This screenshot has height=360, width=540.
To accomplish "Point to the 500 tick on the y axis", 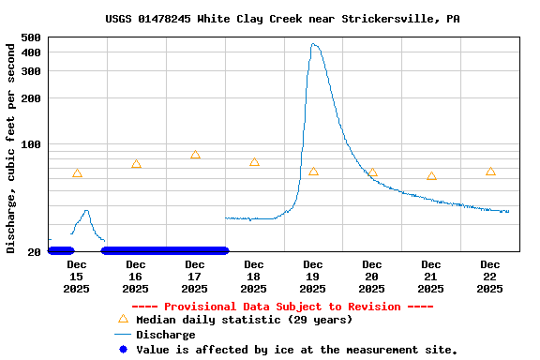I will tap(31, 37).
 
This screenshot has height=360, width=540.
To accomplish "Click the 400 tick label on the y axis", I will tap(31, 52).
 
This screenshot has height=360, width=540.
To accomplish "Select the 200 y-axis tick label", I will tap(31, 98).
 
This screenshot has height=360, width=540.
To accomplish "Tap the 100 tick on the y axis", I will tap(31, 144).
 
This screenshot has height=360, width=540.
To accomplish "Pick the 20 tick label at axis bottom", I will tap(34, 251).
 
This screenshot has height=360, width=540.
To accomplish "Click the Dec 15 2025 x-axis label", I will tap(77, 277).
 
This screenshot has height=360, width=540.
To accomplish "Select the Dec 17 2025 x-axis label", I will tap(195, 277).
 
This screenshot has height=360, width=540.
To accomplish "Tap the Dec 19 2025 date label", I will tap(313, 277).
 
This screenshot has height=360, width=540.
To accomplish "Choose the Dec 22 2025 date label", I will tap(490, 277).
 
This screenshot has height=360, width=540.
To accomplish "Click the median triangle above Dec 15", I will tap(77, 173).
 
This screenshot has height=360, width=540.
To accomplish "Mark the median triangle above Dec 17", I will tap(195, 155).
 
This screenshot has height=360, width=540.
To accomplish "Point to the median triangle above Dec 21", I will tap(431, 176).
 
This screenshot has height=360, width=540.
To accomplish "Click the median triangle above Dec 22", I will tap(490, 172).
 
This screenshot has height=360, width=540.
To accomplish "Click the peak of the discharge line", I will tap(313, 44).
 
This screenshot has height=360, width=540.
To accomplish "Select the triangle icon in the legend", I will tap(123, 319).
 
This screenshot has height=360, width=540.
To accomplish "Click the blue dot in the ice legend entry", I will tap(123, 350).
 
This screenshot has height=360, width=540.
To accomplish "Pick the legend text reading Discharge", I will tap(166, 335).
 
